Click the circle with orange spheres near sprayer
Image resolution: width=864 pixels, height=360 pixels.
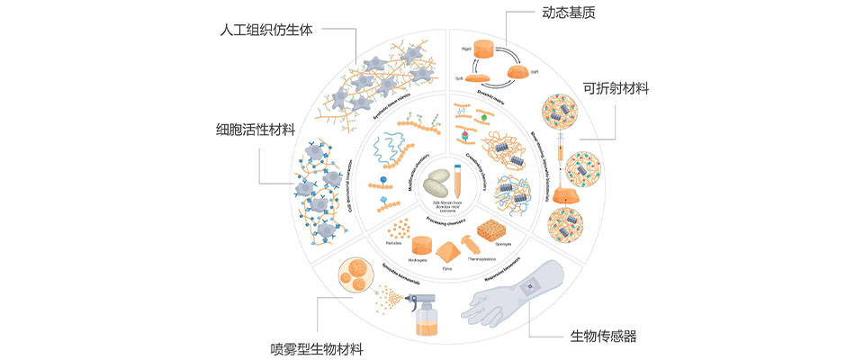click(x=353, y=274)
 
